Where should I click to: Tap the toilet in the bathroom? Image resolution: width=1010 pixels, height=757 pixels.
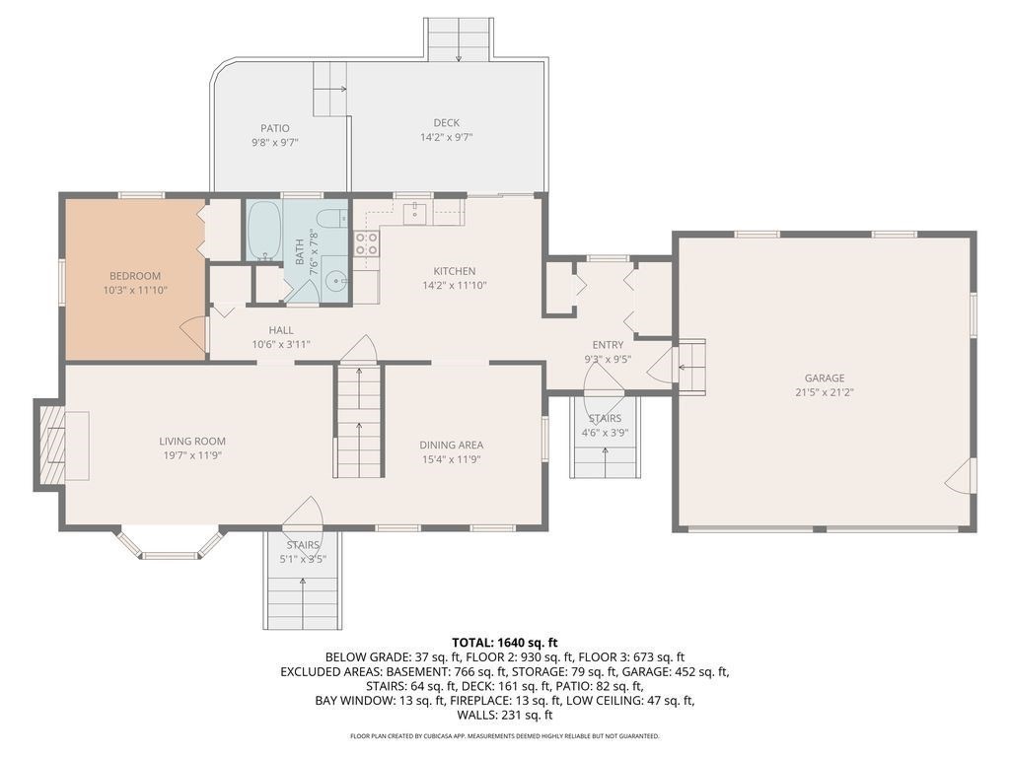331,219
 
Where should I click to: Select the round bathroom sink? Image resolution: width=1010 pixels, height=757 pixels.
335,282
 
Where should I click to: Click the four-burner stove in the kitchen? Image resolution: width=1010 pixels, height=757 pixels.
367,243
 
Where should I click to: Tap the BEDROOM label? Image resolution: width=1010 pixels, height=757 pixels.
134,276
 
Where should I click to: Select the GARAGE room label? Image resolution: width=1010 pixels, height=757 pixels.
825,378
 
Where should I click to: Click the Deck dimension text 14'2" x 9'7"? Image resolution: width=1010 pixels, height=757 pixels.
447,137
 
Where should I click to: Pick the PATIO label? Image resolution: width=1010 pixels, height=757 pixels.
275,128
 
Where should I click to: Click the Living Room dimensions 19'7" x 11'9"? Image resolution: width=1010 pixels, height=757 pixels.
193,455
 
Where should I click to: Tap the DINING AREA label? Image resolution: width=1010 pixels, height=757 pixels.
451,445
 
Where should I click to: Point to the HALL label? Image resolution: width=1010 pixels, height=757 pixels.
281,330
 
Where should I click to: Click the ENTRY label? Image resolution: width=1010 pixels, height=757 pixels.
608,344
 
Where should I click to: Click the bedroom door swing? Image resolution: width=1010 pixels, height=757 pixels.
195,334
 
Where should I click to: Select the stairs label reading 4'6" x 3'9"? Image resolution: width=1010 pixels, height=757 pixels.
605,432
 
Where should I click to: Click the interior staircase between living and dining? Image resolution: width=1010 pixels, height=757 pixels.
358,419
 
